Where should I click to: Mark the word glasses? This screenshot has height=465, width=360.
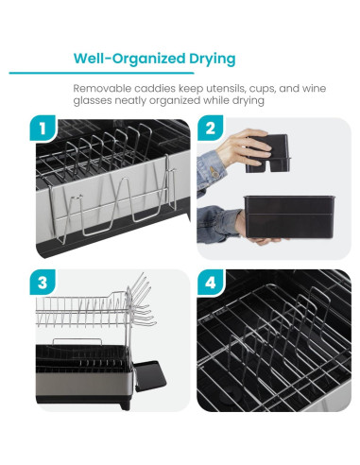(96, 101)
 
